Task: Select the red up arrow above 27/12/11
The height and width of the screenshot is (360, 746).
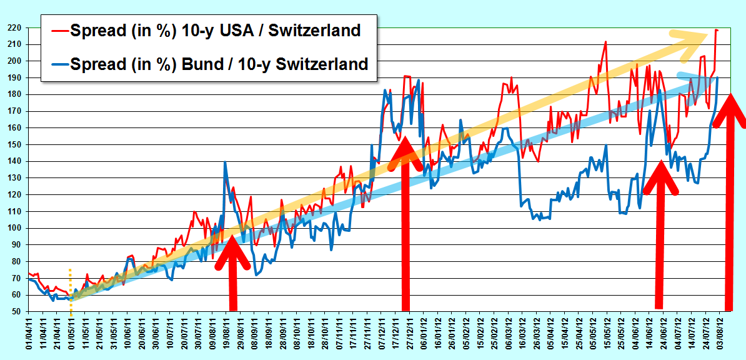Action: (x=405, y=223)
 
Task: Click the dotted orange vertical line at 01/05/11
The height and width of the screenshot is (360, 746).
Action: (x=71, y=292)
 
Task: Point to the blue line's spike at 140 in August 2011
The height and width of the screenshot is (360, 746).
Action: (x=224, y=162)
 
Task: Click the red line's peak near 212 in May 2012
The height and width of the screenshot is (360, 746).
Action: (x=605, y=42)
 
